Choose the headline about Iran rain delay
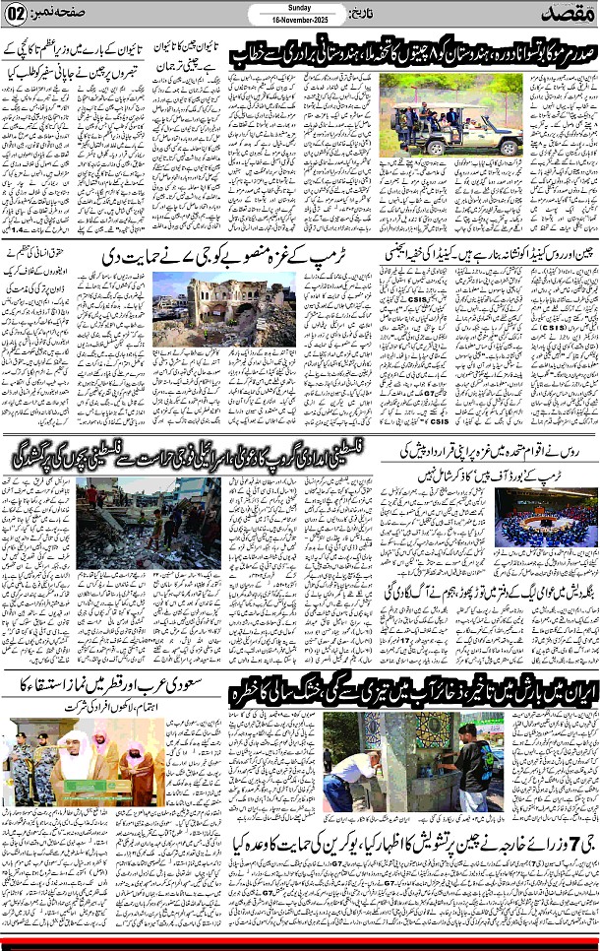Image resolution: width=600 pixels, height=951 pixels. (x=412, y=690)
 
